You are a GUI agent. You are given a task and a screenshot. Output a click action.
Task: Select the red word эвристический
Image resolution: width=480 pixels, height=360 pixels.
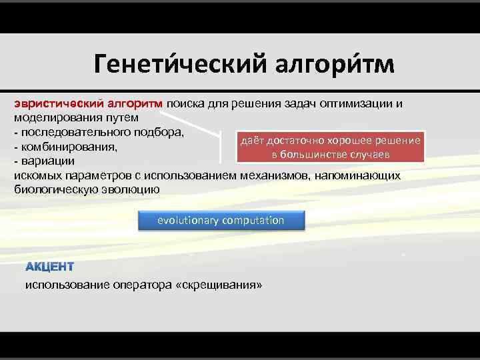pyautogui.click(x=56, y=104)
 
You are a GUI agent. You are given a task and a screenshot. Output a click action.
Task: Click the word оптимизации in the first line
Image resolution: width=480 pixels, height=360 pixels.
pyautogui.click(x=361, y=104)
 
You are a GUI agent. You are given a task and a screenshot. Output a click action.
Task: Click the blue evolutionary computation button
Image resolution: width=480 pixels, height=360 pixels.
pyautogui.click(x=221, y=221)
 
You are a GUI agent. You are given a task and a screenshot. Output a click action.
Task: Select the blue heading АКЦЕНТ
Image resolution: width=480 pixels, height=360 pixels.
pyautogui.click(x=50, y=267)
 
